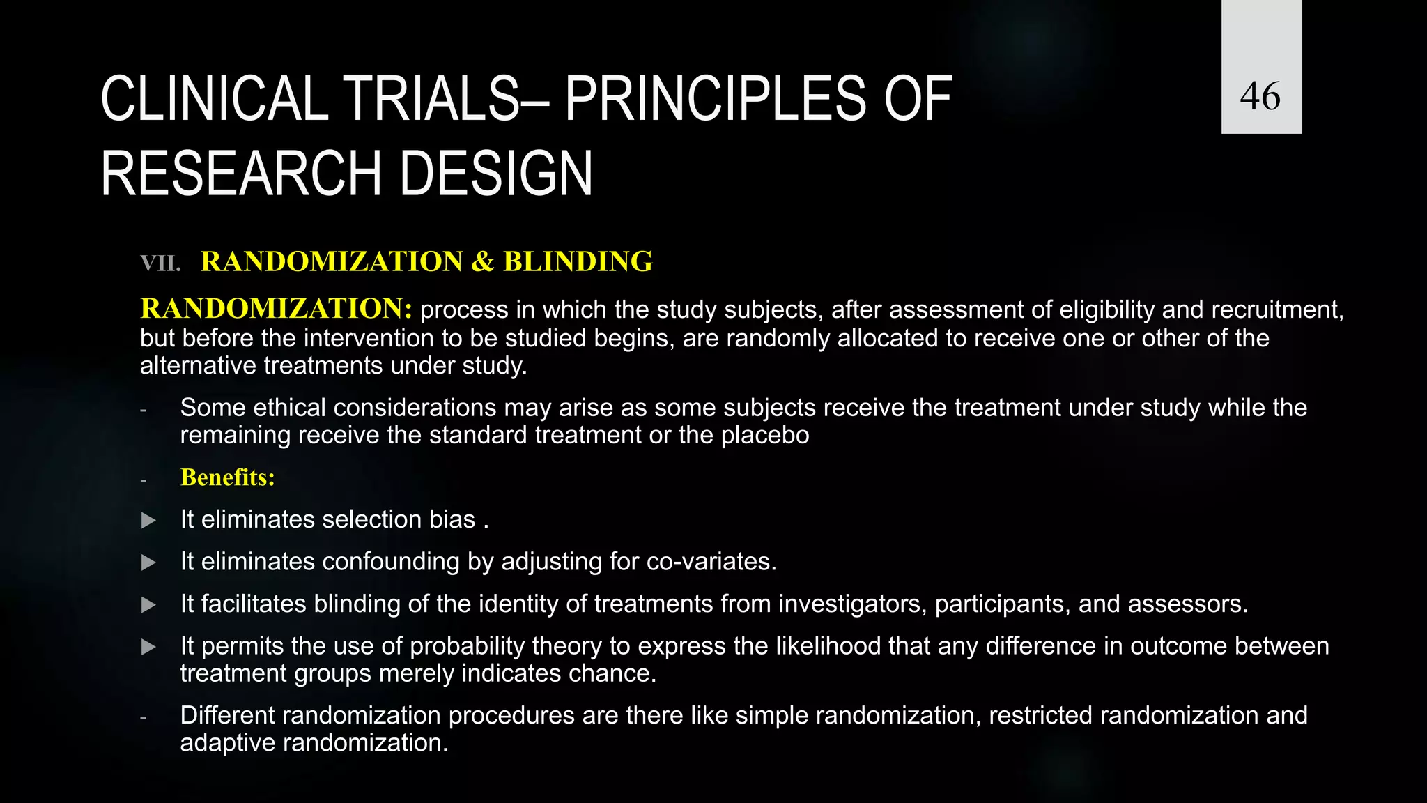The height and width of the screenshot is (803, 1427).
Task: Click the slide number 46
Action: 1260,95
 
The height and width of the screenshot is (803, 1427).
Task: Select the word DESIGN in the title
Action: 495,174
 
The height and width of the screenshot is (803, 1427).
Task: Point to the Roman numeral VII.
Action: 160,263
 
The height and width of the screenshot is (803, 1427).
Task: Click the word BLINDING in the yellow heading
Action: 578,261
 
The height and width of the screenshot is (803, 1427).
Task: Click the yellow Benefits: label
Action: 227,477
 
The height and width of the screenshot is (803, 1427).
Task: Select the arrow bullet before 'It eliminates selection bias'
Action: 148,520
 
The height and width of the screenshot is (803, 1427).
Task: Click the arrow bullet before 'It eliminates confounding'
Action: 148,563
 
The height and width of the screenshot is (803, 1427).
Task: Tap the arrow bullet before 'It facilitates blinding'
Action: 148,604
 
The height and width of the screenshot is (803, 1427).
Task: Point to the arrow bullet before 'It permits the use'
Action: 148,647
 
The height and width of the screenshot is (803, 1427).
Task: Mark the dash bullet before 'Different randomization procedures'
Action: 143,717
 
